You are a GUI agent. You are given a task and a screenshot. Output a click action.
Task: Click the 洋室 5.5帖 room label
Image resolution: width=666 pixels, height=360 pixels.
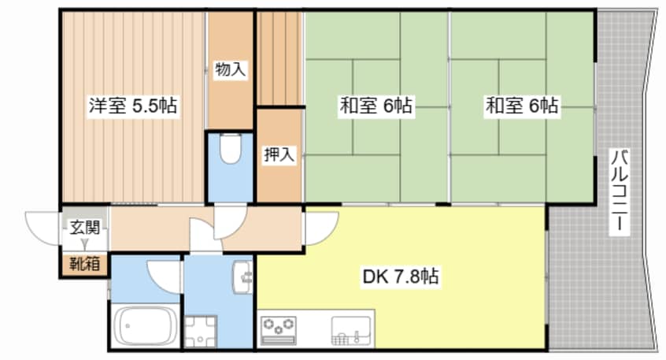click(x=133, y=106)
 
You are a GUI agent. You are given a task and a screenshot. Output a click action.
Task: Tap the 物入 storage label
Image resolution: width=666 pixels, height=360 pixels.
click(x=230, y=69)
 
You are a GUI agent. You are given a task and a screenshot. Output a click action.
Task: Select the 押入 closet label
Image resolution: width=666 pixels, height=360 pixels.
click(x=279, y=154)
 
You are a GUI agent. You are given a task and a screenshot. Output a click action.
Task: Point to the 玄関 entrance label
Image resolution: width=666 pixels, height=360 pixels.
click(x=84, y=228)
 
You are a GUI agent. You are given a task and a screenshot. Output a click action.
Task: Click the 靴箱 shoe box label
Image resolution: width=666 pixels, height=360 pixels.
click(x=84, y=265)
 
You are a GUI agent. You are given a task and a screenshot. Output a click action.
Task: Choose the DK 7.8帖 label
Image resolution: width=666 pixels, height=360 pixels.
click(x=400, y=276)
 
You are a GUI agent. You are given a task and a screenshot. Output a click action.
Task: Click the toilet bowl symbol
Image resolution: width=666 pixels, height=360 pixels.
click(x=231, y=148)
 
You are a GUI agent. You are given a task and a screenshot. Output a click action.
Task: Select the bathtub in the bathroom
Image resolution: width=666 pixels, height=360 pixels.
click(x=146, y=326)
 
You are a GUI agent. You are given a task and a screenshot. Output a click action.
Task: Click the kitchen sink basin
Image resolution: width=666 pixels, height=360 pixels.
click(x=351, y=330)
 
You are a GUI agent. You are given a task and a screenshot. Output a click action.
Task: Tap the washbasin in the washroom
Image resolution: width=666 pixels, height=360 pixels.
click(x=242, y=276)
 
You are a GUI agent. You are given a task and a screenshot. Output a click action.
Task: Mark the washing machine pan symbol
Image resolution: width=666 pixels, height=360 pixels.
click(x=200, y=332)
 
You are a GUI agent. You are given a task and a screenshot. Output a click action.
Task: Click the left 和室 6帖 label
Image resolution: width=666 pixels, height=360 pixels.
click(x=376, y=106)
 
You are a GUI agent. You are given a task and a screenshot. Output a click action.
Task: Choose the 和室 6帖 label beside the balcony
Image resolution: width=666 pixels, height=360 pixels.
click(x=522, y=106)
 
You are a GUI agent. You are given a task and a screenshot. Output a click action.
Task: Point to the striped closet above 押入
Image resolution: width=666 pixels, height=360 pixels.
click(x=279, y=58)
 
